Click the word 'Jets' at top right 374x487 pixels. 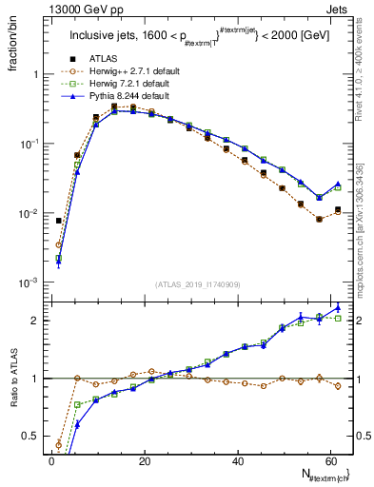point(339,9)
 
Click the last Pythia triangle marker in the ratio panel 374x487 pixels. point(338,307)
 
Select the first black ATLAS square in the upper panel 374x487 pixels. point(59,221)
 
